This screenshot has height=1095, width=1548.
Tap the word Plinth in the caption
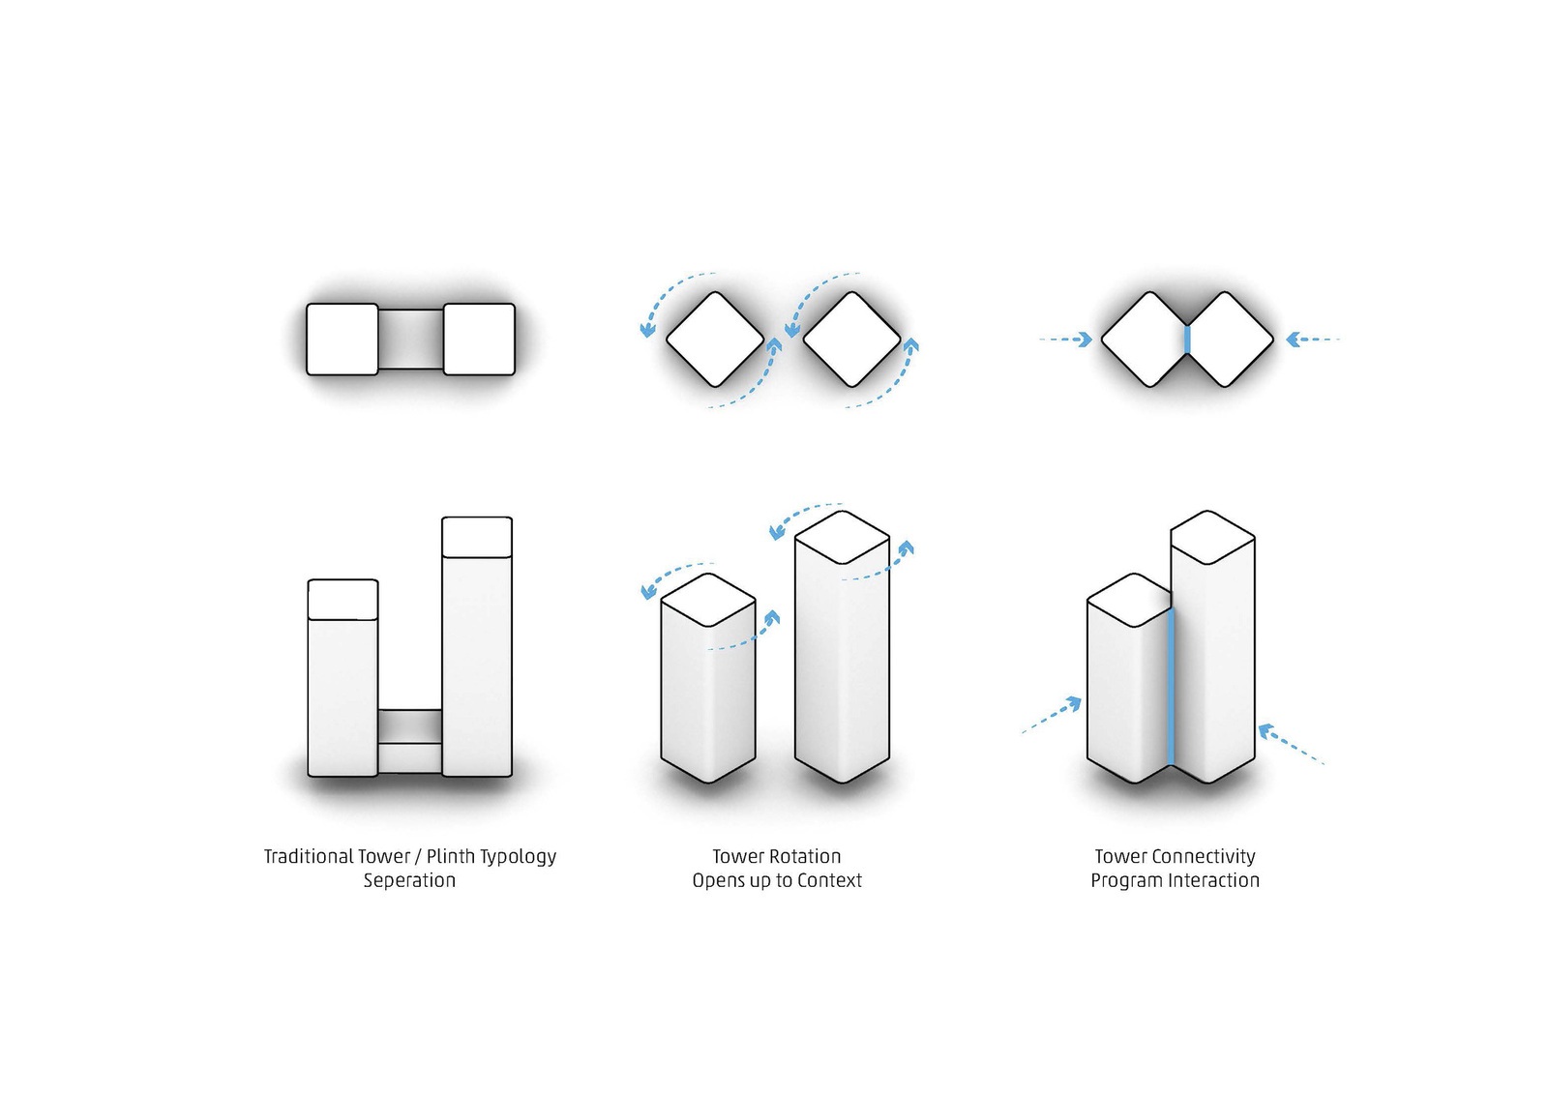pos(451,857)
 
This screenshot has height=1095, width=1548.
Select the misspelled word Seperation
pos(410,881)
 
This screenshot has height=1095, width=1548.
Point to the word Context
pos(829,881)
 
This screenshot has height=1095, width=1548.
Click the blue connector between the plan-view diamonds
pos(1187,340)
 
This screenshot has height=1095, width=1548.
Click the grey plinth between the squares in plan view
pos(410,340)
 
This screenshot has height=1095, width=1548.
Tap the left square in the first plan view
pos(342,340)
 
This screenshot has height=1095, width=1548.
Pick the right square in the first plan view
pos(479,340)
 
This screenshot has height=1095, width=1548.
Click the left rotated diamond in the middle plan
pos(715,340)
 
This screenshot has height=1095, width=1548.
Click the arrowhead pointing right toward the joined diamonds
pos(1086,340)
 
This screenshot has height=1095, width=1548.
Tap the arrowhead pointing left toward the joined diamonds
pos(1293,340)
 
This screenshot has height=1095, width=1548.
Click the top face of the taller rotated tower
pos(842,538)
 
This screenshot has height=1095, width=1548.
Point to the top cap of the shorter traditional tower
pos(342,599)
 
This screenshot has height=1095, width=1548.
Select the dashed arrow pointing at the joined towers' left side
pos(1052,715)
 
